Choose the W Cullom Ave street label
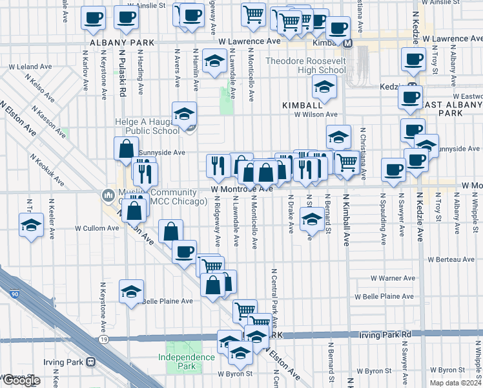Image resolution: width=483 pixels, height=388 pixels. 97,228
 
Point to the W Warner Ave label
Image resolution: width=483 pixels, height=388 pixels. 393,278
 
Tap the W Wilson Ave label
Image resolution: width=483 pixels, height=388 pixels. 316,114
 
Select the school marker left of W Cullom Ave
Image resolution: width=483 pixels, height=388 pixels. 30,226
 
